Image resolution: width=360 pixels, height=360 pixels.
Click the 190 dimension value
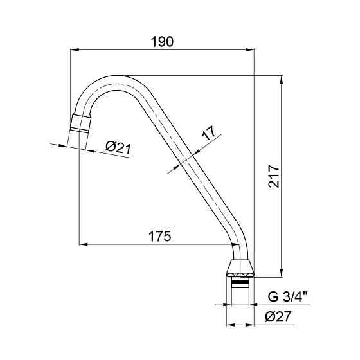click(x=162, y=42)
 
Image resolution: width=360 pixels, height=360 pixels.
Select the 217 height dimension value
click(x=274, y=176)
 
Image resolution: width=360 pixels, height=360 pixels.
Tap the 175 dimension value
click(x=160, y=236)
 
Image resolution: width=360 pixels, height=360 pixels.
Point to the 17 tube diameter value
click(x=209, y=132)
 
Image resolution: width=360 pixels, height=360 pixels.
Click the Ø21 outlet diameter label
click(x=118, y=148)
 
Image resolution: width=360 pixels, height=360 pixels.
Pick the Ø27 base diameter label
click(x=278, y=316)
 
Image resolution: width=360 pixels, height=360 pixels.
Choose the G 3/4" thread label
click(x=287, y=296)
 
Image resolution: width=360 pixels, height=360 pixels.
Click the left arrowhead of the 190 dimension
click(x=75, y=50)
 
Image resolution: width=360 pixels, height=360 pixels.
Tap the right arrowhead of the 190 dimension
click(x=250, y=50)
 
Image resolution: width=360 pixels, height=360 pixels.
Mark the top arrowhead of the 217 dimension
click(x=282, y=80)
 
